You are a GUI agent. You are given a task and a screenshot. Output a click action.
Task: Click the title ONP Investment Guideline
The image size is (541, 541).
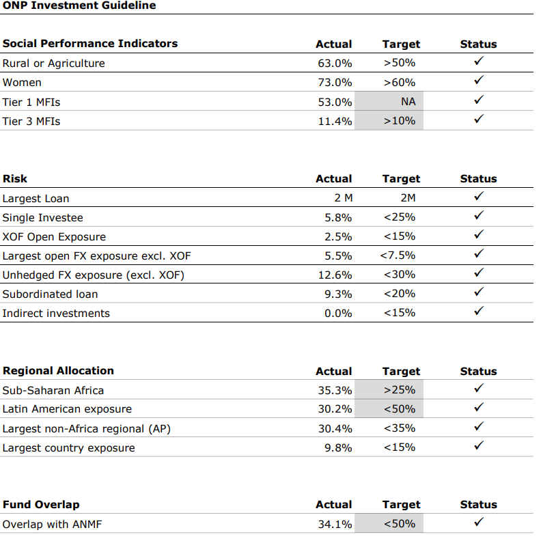click(79, 5)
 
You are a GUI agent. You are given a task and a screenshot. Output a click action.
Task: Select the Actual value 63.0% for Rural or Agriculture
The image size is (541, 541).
click(335, 63)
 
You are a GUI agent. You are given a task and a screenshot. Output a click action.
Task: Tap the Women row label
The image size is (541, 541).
click(22, 83)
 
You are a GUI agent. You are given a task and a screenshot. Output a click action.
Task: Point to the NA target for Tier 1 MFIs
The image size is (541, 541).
click(408, 101)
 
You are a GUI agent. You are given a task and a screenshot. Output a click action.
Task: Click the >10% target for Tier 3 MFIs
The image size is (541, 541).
click(399, 121)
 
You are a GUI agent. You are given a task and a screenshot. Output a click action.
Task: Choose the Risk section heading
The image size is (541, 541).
click(15, 179)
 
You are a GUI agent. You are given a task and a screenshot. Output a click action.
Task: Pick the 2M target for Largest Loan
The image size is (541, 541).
click(408, 197)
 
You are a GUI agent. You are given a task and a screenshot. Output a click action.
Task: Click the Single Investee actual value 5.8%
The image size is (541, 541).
click(338, 217)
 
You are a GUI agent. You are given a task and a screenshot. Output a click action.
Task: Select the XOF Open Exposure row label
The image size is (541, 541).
click(54, 236)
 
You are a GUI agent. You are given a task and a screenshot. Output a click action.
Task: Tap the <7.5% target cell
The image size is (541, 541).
click(398, 255)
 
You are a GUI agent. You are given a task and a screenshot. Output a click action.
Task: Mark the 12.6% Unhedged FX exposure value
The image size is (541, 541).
click(335, 275)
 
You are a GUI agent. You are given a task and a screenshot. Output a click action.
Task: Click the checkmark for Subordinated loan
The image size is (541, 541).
click(479, 292)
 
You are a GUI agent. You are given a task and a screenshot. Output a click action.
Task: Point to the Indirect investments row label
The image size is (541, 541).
click(56, 314)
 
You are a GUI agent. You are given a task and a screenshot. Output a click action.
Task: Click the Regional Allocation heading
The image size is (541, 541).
click(58, 370)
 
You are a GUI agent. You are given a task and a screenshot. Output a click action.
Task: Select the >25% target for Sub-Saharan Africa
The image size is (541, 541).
click(399, 390)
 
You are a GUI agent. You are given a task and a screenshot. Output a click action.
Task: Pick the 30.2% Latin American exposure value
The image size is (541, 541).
click(335, 409)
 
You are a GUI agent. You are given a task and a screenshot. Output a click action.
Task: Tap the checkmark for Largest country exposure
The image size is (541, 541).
click(479, 445)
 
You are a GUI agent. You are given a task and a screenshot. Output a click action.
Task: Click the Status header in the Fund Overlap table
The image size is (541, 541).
click(479, 504)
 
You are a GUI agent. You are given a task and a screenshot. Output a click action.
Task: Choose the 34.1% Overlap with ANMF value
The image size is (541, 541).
click(335, 524)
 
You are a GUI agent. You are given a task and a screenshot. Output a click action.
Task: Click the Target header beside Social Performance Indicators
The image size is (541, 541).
click(401, 44)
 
